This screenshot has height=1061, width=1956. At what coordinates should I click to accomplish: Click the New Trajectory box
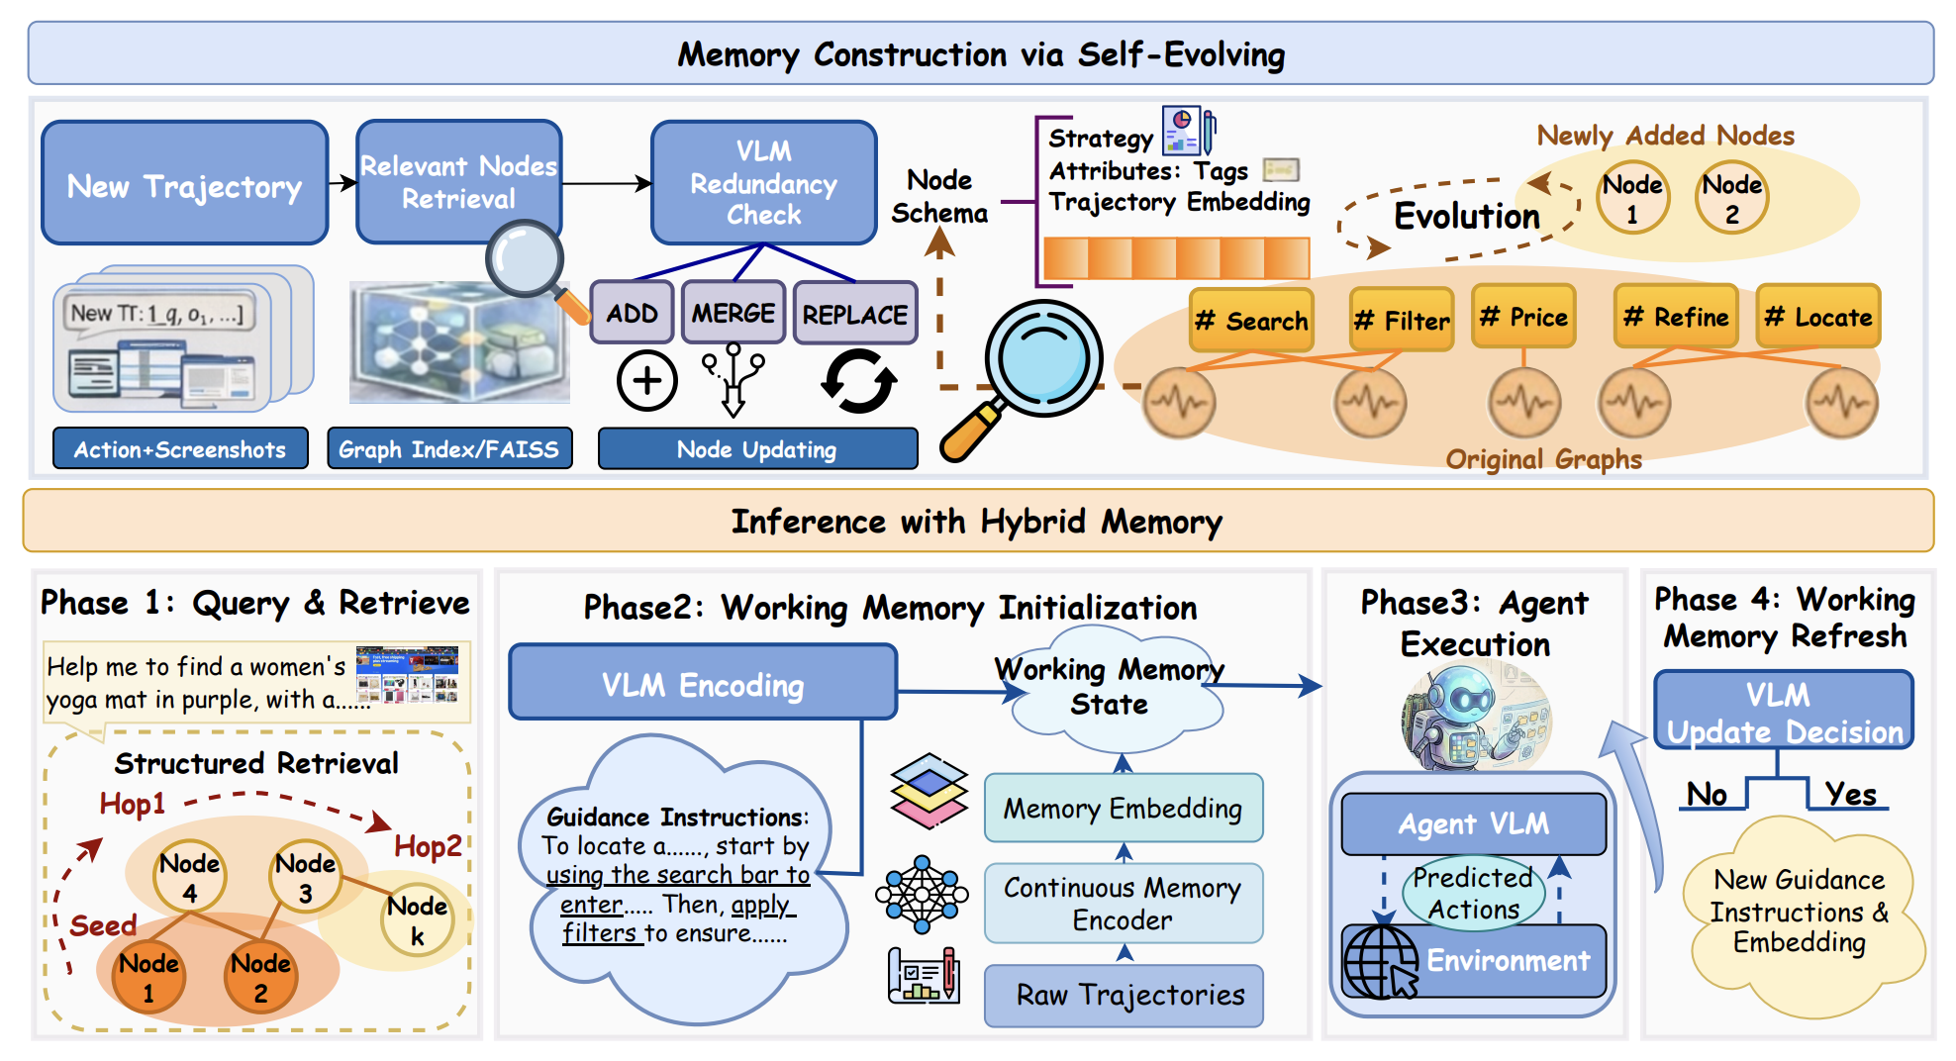(x=184, y=184)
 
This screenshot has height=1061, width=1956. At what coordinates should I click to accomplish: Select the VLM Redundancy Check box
(x=763, y=183)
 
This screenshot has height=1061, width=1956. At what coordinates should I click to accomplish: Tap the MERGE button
(x=733, y=313)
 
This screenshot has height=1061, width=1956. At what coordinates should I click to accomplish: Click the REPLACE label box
(x=854, y=314)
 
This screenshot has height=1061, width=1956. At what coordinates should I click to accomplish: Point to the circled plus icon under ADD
(x=646, y=381)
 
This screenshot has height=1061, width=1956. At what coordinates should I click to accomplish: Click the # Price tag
(x=1523, y=317)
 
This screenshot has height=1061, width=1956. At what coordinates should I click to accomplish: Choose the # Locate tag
(x=1817, y=317)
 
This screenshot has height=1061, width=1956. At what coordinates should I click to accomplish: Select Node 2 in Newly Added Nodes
(x=1731, y=198)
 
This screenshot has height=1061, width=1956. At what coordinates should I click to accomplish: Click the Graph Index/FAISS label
(x=449, y=449)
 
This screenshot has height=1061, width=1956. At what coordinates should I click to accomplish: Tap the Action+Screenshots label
(x=180, y=449)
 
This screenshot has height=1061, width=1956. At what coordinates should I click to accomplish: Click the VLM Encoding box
(x=703, y=684)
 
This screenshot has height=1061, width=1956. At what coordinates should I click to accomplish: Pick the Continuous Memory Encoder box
(x=1123, y=903)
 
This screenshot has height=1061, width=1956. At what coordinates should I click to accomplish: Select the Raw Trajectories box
(x=1123, y=995)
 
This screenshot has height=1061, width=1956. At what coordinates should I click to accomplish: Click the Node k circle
(x=417, y=920)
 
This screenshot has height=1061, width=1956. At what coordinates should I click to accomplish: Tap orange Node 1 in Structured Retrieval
(x=148, y=977)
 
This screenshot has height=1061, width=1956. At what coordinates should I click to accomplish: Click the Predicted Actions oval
(x=1473, y=893)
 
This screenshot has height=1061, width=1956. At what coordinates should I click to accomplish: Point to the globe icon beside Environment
(x=1379, y=961)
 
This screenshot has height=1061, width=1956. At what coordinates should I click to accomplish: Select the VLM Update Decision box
(x=1784, y=712)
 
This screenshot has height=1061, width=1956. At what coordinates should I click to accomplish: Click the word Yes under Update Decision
(x=1850, y=794)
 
